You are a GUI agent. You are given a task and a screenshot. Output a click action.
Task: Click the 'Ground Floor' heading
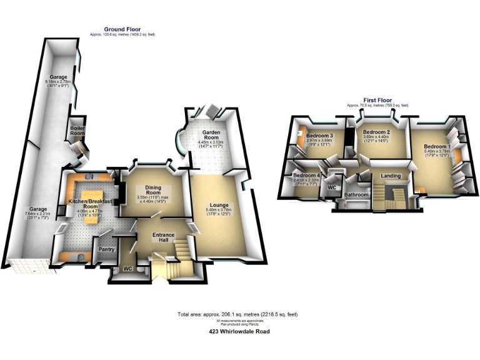(x=123, y=29)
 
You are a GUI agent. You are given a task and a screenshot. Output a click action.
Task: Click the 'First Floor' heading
(x=379, y=100)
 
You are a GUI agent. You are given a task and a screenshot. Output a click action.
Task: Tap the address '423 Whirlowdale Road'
(x=239, y=332)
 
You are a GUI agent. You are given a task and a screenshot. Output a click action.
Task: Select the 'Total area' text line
(x=238, y=314)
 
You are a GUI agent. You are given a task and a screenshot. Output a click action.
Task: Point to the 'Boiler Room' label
(x=77, y=129)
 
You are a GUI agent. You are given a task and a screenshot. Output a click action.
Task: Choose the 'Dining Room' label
(x=153, y=189)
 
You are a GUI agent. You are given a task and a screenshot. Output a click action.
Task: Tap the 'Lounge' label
(x=219, y=205)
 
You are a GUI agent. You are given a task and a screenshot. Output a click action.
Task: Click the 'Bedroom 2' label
(x=377, y=132)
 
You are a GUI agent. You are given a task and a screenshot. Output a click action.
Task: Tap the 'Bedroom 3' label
(x=318, y=136)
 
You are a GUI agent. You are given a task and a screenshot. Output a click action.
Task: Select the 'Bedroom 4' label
(x=307, y=176)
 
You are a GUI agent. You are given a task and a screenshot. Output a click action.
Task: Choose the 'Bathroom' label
(x=356, y=195)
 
